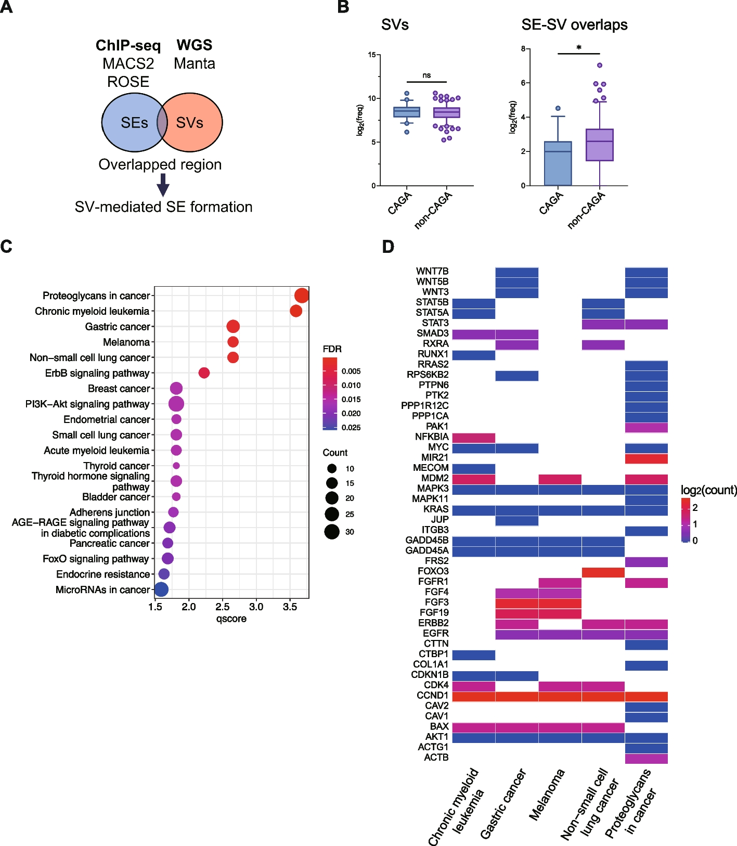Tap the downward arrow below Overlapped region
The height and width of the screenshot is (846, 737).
pos(163,185)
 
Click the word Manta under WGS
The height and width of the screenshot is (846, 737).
pos(195,63)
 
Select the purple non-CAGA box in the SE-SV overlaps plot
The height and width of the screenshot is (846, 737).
pos(600,145)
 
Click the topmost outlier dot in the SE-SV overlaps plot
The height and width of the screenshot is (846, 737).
pos(600,66)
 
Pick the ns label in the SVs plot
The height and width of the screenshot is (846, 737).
pos(426,75)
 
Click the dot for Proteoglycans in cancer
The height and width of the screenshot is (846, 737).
pos(302,296)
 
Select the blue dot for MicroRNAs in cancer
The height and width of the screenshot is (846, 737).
pos(161,589)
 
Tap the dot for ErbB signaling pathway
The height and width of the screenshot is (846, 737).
pos(204,373)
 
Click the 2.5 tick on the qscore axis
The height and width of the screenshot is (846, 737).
pos(223,607)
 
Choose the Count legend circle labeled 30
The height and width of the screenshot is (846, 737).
pos(332,532)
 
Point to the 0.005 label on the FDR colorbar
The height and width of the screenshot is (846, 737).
pos(351,371)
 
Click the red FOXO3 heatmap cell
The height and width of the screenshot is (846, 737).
pos(603,572)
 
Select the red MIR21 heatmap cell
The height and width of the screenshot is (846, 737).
pos(647,458)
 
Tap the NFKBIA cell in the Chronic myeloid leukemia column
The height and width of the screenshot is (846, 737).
pos(473,438)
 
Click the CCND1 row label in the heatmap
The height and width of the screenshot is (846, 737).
pos(432,695)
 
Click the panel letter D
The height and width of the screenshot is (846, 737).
pos(388,247)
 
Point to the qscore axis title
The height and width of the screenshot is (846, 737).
pos(231,619)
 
